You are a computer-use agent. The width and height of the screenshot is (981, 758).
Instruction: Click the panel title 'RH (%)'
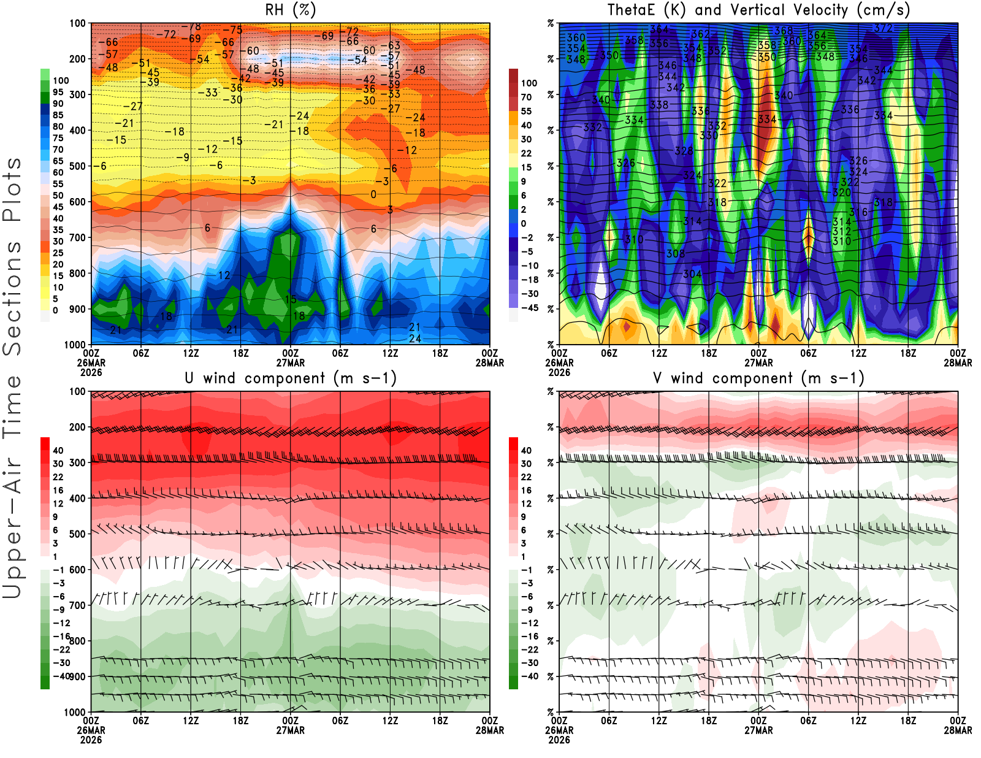coord(291,10)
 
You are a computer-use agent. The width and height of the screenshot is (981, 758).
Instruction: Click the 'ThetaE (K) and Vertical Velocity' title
coord(758,10)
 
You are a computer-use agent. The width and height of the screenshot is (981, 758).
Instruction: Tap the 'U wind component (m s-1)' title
coord(291,378)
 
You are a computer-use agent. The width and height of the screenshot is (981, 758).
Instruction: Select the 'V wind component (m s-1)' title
coord(758,378)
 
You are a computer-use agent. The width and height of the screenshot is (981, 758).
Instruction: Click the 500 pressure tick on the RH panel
coord(77,166)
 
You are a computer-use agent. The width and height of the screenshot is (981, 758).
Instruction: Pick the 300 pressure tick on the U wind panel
coord(77,463)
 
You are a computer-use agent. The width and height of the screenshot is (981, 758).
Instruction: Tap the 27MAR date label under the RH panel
coord(291,363)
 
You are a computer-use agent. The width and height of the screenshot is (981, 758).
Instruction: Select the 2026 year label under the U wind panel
coord(91,740)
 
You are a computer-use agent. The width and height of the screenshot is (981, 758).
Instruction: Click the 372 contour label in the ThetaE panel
coord(883,28)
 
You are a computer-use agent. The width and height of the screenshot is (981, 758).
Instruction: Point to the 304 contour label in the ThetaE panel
coord(692,274)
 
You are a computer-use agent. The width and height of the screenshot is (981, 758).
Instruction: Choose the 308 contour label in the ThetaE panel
coord(676,253)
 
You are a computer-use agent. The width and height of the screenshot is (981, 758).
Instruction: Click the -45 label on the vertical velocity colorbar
coord(530,308)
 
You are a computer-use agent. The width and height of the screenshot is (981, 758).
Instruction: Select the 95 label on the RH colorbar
coord(58,92)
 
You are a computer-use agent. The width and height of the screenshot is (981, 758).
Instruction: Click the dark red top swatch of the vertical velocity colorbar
coord(513,75)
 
